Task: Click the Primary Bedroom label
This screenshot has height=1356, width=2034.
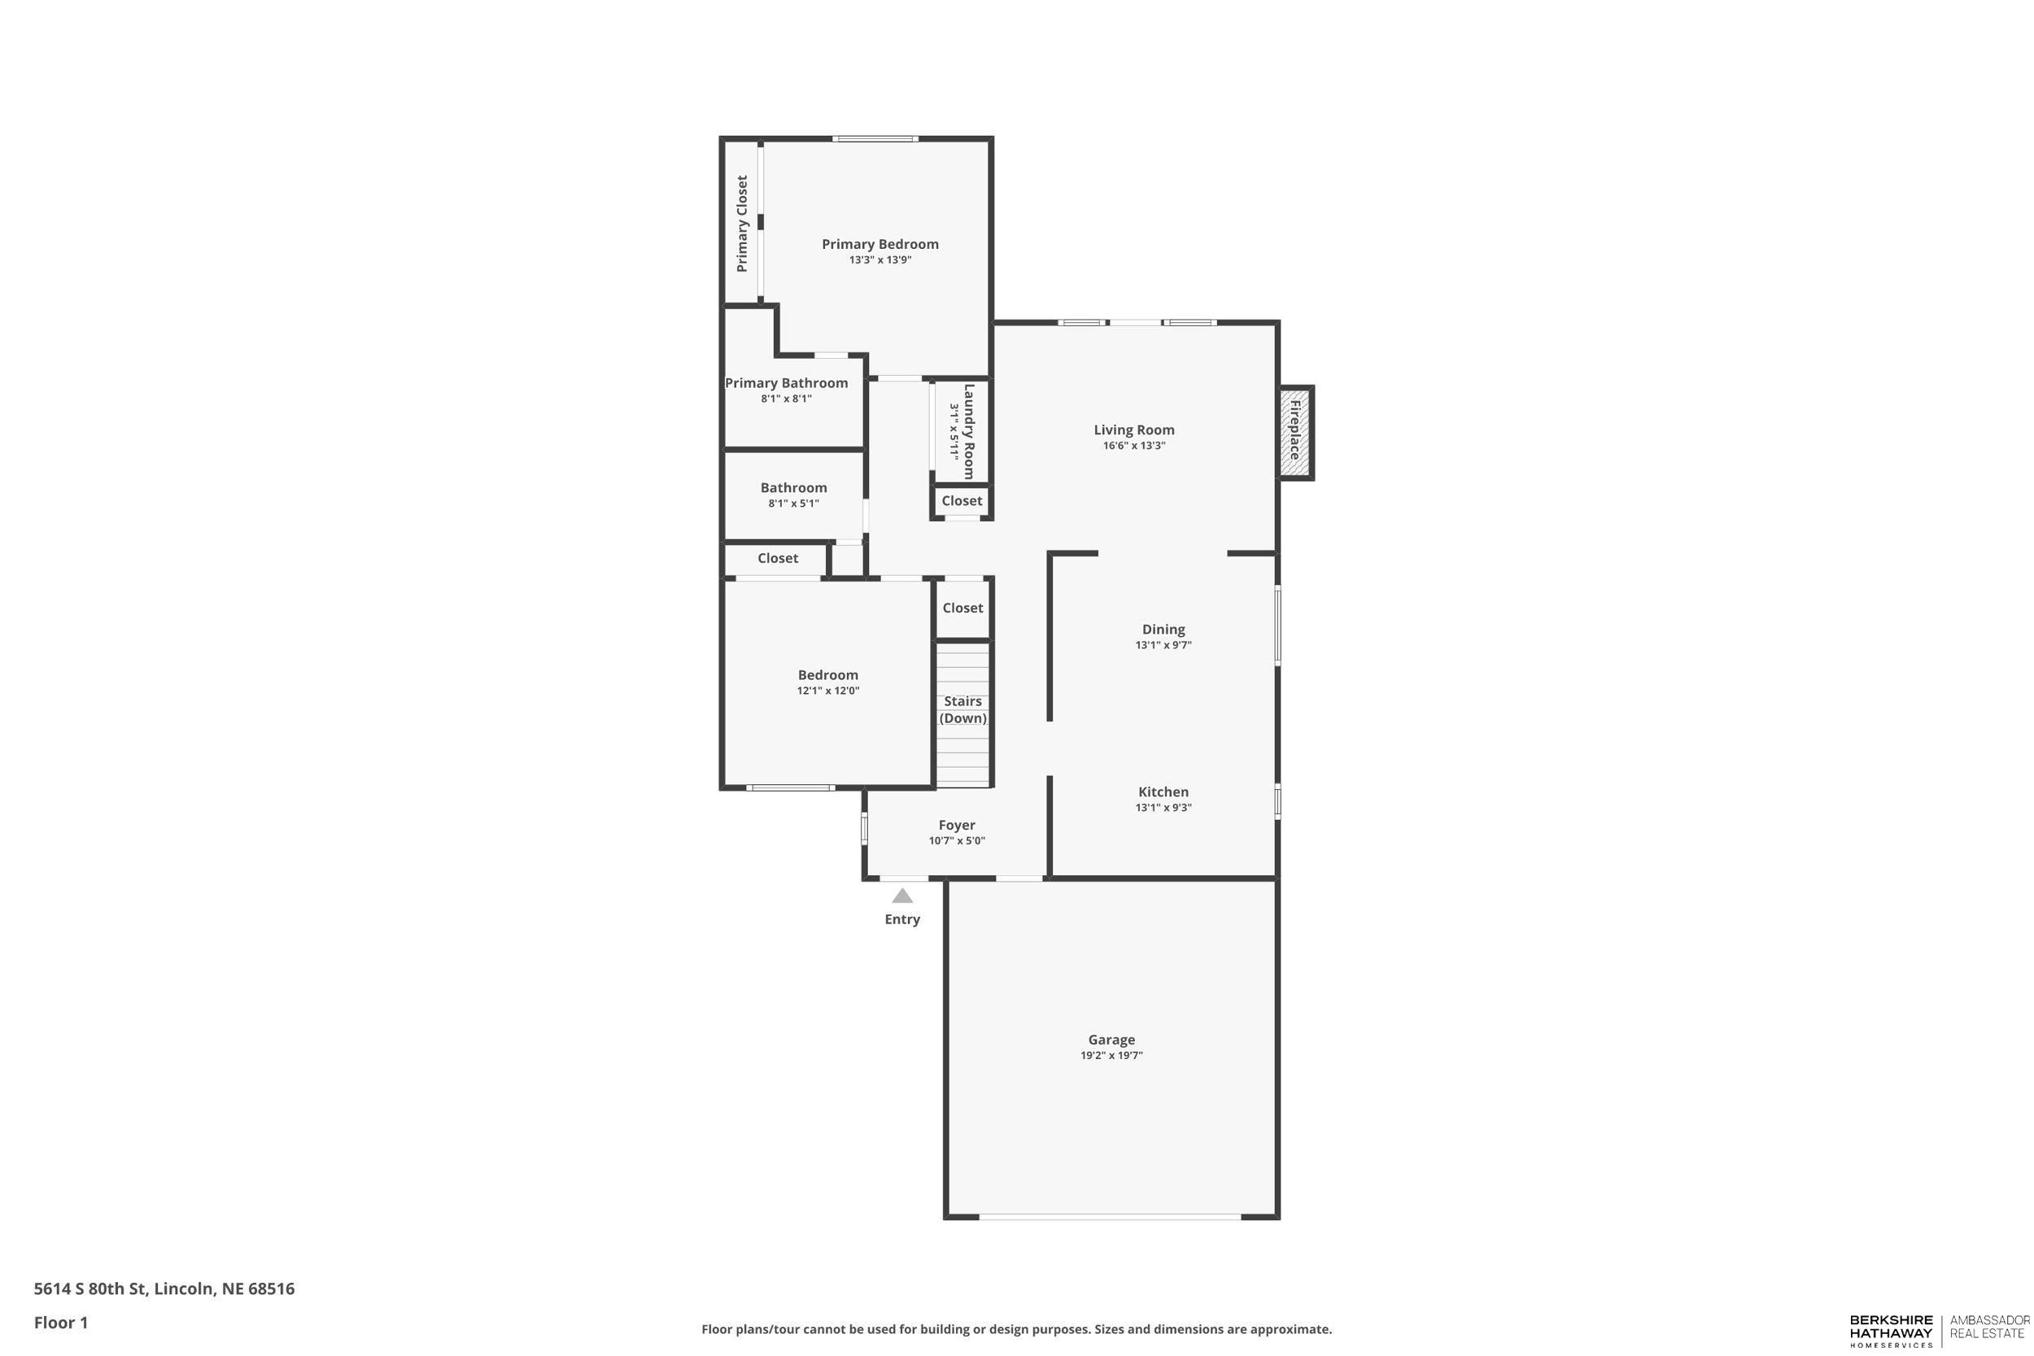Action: pyautogui.click(x=880, y=245)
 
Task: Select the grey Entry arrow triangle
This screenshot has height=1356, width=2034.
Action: pyautogui.click(x=902, y=896)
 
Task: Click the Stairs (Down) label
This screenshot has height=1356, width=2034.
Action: pyautogui.click(x=962, y=709)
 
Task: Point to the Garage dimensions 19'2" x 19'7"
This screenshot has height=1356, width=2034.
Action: pyautogui.click(x=1111, y=1055)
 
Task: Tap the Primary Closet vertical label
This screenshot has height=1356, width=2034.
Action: pyautogui.click(x=742, y=223)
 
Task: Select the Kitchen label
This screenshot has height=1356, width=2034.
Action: pyautogui.click(x=1163, y=791)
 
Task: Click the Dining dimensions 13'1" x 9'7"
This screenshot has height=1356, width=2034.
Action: pyautogui.click(x=1163, y=645)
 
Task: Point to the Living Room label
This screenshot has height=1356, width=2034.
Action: pyautogui.click(x=1133, y=429)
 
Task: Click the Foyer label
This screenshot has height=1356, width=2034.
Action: pyautogui.click(x=957, y=825)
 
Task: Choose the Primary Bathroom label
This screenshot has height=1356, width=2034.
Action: pyautogui.click(x=786, y=383)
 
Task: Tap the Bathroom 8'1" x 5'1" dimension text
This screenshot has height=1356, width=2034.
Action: pyautogui.click(x=793, y=504)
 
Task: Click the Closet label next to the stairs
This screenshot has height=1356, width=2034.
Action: pyautogui.click(x=962, y=608)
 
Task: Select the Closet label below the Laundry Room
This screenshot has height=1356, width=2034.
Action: pyautogui.click(x=962, y=501)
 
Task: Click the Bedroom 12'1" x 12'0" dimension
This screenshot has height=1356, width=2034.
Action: pyautogui.click(x=827, y=691)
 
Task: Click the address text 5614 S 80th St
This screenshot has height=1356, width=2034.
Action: pyautogui.click(x=164, y=1288)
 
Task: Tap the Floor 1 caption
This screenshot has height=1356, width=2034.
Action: pyautogui.click(x=60, y=1323)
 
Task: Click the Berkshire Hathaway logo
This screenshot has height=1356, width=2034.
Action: pyautogui.click(x=1891, y=1330)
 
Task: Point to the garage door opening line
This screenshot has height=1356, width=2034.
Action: pyautogui.click(x=1111, y=1217)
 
